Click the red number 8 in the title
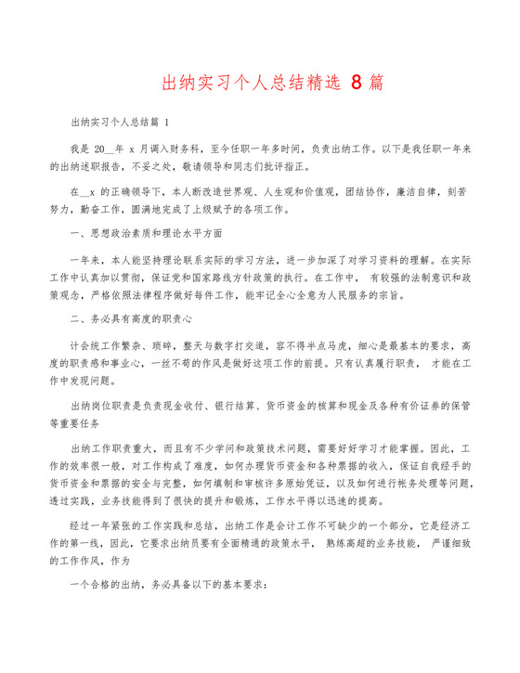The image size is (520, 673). pos(359,84)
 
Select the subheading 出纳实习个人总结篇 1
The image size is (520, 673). pos(120,121)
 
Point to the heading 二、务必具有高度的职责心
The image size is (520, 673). pos(131,318)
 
